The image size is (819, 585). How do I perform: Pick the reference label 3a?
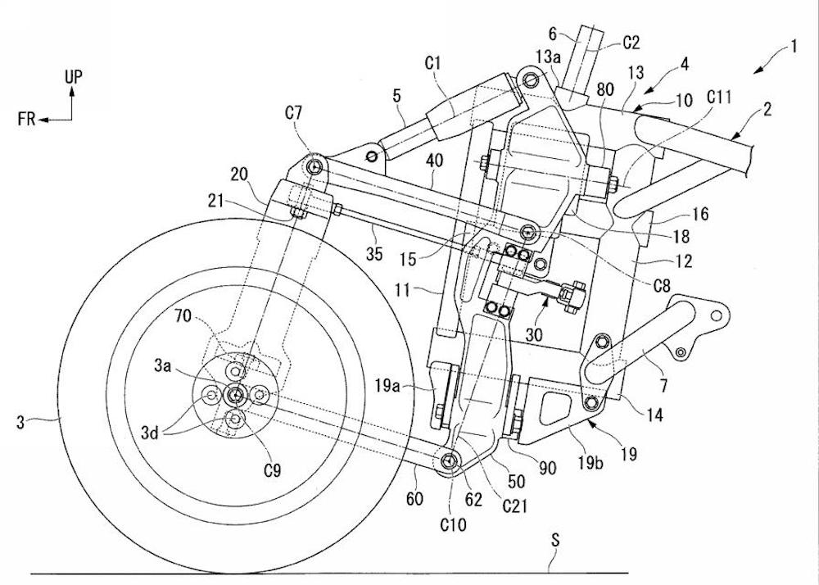(184, 370)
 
